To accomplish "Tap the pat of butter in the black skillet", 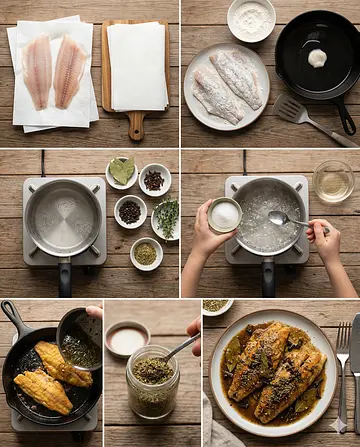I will [x=316, y=58].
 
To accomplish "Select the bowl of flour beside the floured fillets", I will [x=251, y=19].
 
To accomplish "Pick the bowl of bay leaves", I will [x=122, y=172].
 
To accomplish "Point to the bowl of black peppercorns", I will [x=154, y=179].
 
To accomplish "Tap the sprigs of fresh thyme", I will [x=167, y=215].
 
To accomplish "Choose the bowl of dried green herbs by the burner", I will [x=145, y=253].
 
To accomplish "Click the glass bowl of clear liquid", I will [x=333, y=181].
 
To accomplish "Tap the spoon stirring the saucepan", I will [x=286, y=219].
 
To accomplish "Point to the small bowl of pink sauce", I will [x=127, y=339].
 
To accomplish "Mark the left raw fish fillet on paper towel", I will [x=38, y=73].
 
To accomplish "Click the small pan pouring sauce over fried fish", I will [x=80, y=340].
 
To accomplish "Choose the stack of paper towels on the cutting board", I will [x=136, y=65].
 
